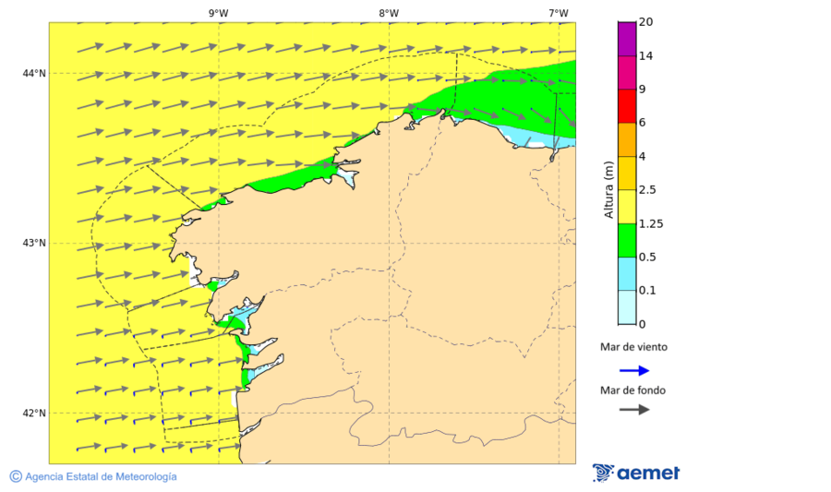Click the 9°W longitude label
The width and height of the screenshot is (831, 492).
219,13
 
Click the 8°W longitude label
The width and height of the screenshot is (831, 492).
389,13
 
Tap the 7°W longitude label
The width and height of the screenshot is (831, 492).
558,13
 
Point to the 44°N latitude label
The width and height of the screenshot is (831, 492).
34,73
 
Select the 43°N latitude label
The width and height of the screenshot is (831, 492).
34,243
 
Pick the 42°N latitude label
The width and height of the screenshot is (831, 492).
34,413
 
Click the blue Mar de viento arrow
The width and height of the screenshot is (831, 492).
633,370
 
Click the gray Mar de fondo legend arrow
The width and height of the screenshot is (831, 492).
633,409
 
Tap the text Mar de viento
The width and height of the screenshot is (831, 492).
632,347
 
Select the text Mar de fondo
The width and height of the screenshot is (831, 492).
632,390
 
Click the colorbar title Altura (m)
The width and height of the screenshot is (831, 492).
608,189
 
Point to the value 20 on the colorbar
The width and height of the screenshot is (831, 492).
645,22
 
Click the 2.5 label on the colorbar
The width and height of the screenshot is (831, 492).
648,190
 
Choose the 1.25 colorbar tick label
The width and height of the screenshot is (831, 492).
651,223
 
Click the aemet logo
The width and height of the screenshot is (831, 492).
636,473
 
